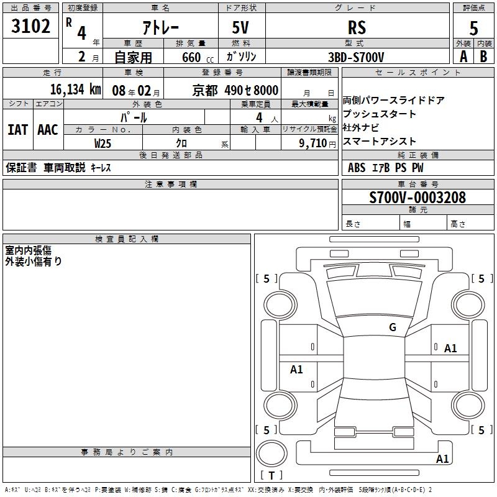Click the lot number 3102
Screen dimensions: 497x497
tap(31, 27)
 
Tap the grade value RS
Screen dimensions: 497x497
tap(357, 28)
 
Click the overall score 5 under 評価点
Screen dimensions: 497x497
tap(473, 28)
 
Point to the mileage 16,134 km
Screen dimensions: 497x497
tap(75, 89)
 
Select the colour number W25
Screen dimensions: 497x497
tap(103, 143)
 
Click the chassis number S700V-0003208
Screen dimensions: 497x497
tap(417, 198)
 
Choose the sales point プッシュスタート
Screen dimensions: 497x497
tap(372, 114)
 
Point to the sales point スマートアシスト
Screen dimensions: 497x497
tap(372, 142)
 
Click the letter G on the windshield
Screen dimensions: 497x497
tap(392, 327)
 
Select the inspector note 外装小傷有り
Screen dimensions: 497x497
tap(34, 262)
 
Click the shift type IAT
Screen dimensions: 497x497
tap(17, 130)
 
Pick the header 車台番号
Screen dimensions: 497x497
tap(418, 185)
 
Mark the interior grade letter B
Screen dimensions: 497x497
tap(483, 57)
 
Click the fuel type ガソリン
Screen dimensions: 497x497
tap(242, 57)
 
